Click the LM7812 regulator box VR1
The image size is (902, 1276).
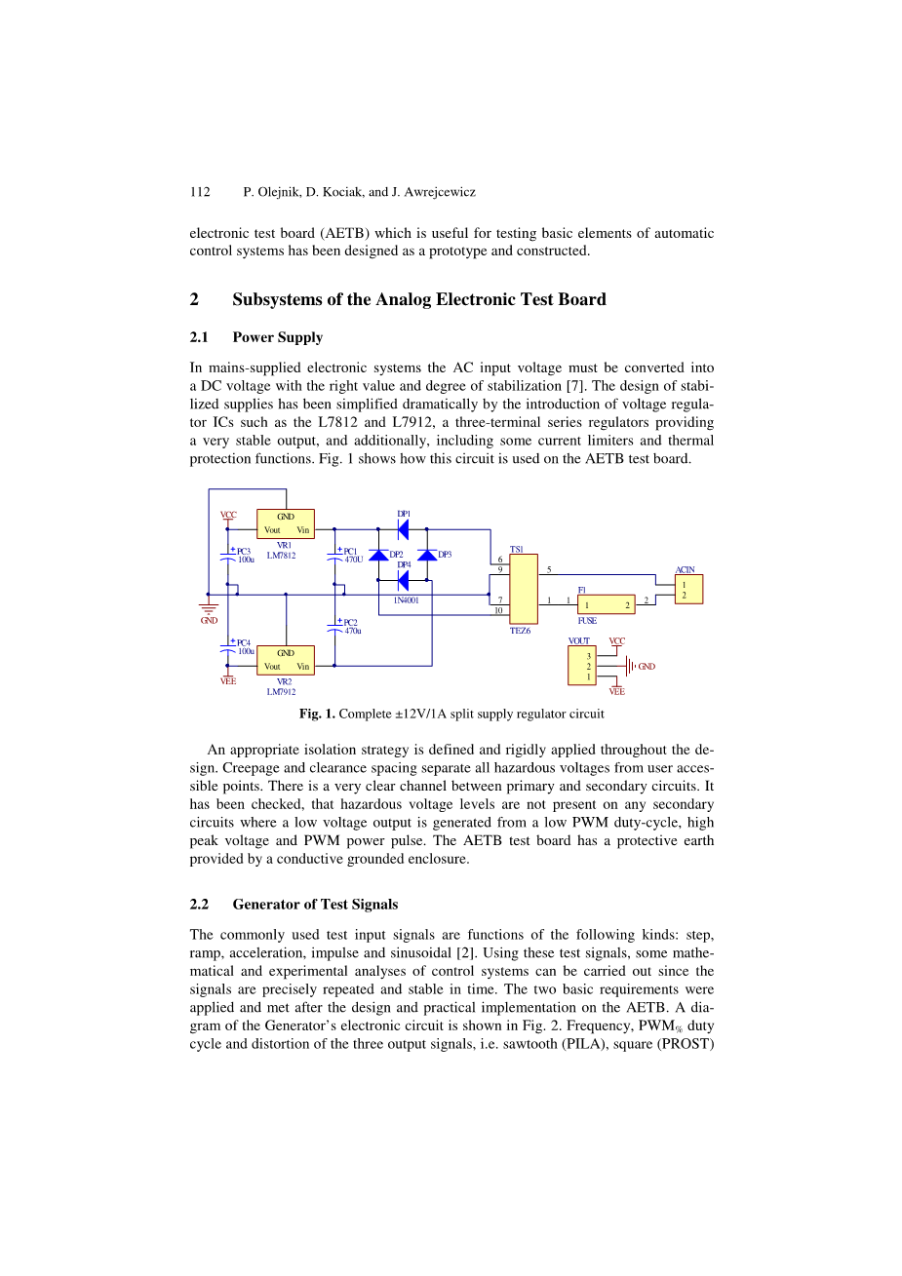coord(285,523)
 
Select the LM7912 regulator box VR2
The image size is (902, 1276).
coord(285,660)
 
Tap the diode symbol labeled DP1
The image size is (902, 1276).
coord(403,529)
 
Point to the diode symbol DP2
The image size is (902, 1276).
coord(378,555)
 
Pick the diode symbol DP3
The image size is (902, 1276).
coord(426,555)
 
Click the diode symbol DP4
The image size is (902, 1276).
coord(403,580)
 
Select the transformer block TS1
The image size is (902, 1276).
coord(523,589)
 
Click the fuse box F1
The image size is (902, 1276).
coord(605,604)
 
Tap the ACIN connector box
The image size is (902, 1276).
coord(688,589)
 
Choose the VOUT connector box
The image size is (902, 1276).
coord(582,665)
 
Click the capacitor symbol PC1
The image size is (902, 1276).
coord(334,557)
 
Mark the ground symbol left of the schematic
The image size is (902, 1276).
coord(208,608)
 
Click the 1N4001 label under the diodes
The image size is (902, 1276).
coord(406,600)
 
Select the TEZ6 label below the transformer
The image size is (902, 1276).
coord(521,631)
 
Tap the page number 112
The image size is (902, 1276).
coord(200,192)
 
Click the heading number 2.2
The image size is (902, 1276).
coord(199,905)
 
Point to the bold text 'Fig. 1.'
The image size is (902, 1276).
coord(317,714)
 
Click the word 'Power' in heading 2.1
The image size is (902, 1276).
coord(253,337)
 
